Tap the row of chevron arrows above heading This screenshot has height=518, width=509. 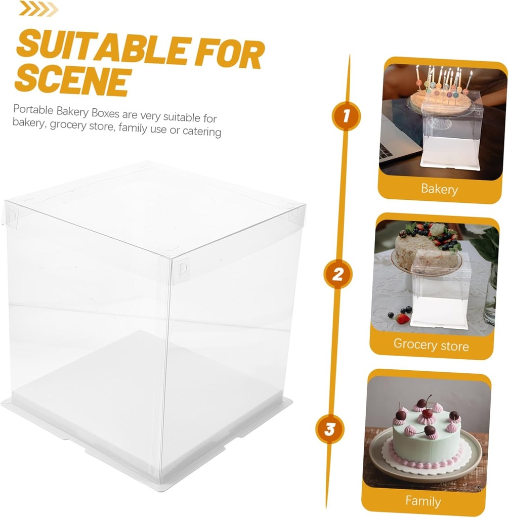pos(38,9)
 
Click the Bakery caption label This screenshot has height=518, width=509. pos(439,189)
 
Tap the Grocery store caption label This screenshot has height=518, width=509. pos(431,345)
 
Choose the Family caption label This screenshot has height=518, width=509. pos(423,501)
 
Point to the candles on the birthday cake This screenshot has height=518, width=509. pos(443,81)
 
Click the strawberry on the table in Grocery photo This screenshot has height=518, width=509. pos(403,319)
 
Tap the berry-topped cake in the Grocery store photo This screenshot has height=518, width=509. pos(425,248)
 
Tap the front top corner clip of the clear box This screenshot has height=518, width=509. pos(179,267)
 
